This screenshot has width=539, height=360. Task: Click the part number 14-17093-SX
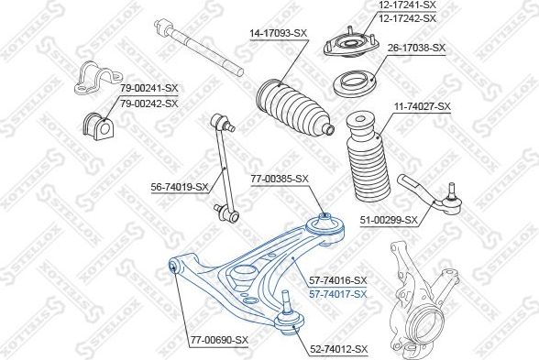click(x=278, y=33)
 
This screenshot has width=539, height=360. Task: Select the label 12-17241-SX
click(x=407, y=5)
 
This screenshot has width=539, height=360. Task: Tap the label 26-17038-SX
click(x=416, y=48)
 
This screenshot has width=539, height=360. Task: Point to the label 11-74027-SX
click(x=422, y=106)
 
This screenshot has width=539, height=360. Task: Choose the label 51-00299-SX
click(x=389, y=220)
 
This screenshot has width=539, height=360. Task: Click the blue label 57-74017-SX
click(x=338, y=294)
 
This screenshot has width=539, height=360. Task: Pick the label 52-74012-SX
click(x=338, y=349)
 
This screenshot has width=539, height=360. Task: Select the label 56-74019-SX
click(x=180, y=187)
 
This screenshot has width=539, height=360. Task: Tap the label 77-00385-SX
click(x=280, y=179)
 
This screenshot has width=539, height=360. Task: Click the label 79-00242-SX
click(x=149, y=103)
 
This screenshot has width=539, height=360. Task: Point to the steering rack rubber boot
click(x=294, y=110)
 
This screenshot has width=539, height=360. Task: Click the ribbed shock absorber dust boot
click(x=368, y=158)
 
